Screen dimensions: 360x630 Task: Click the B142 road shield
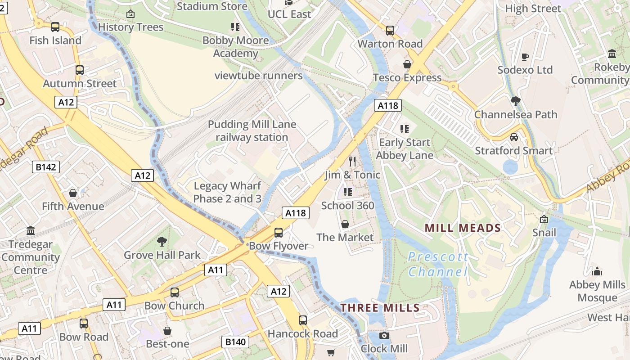click(x=46, y=167)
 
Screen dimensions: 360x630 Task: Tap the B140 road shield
click(x=235, y=342)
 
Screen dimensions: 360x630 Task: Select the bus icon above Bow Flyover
click(x=279, y=233)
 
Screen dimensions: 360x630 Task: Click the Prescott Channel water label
click(x=438, y=265)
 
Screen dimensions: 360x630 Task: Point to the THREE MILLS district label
click(x=380, y=308)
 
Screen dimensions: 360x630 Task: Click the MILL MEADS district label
click(x=463, y=228)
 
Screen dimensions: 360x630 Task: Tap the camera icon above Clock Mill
click(x=384, y=335)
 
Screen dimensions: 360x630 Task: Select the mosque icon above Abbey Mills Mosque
click(x=597, y=271)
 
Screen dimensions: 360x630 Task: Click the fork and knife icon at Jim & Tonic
click(x=352, y=161)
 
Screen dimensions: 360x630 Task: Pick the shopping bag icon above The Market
click(x=345, y=224)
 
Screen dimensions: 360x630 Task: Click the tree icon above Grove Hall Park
click(x=162, y=242)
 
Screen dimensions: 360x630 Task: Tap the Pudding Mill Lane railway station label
click(x=252, y=131)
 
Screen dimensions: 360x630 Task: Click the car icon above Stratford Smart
click(x=514, y=137)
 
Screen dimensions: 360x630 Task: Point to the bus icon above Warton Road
click(x=390, y=31)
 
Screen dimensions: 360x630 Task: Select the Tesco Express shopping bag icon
click(x=407, y=64)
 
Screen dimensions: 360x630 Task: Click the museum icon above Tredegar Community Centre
click(x=31, y=231)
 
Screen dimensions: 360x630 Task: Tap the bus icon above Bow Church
click(x=174, y=292)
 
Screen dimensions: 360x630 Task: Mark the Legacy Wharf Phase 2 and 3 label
click(x=227, y=192)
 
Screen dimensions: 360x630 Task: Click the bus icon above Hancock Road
click(x=303, y=320)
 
